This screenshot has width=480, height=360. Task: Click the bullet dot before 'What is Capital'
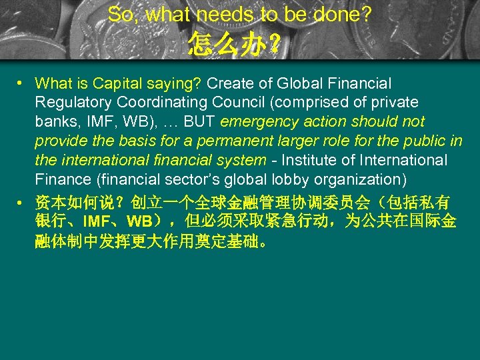click(x=21, y=83)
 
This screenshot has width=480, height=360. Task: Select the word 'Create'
click(x=228, y=83)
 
